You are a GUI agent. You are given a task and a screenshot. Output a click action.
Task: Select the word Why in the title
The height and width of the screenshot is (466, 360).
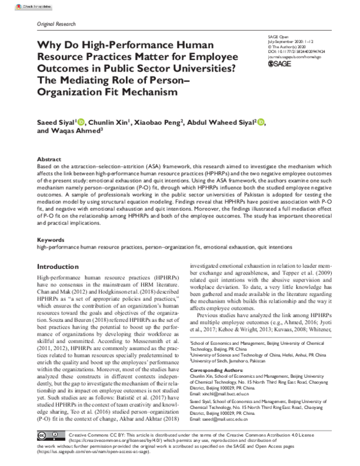[49, 44]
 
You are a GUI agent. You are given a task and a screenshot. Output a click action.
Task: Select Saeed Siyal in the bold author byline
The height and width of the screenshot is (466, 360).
[56, 123]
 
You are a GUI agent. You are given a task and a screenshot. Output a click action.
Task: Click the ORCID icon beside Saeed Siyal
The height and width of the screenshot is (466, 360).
[81, 123]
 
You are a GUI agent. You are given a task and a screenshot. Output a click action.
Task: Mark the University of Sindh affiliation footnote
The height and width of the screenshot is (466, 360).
[235, 361]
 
